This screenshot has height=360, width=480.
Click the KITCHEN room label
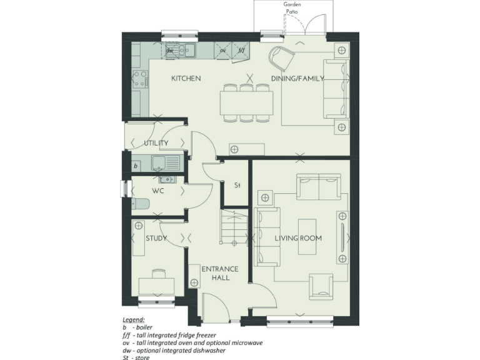coord(186,79)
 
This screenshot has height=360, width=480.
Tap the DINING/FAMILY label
coord(297,79)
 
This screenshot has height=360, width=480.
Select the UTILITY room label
coord(156,144)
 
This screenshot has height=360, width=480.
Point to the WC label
coord(157,191)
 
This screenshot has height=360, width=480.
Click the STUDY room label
coord(156,238)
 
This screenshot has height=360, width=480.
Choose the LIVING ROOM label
coord(298,238)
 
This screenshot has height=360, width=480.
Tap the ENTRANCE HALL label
coord(220,273)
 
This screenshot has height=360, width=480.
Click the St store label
coord(237,186)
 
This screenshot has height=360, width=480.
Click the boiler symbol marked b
coord(136,166)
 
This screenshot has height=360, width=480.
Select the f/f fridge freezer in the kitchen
coord(241,51)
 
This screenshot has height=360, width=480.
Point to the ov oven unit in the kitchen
coord(222,51)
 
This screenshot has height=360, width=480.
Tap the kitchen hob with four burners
coord(140,80)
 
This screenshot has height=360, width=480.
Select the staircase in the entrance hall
coord(233,227)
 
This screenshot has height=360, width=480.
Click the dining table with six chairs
coord(246,100)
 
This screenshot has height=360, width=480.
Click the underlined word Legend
coord(133,319)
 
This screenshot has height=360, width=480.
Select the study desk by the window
coord(156,285)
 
